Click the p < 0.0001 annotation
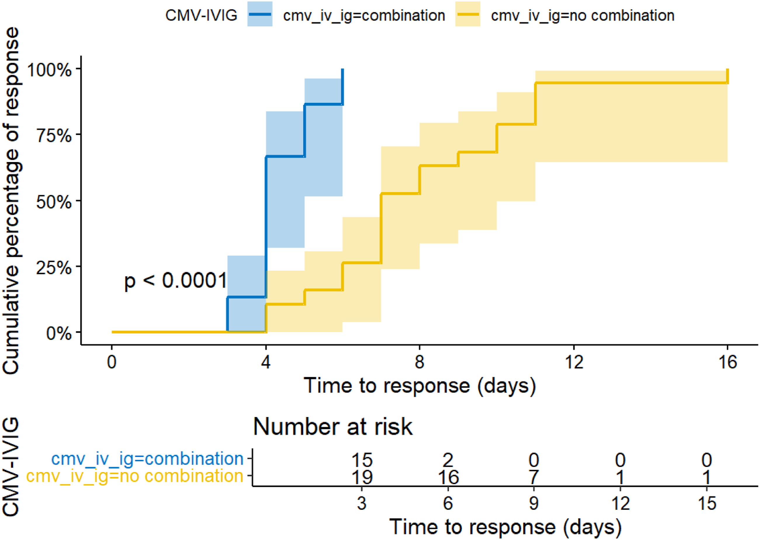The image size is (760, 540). point(175,281)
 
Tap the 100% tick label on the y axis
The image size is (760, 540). point(49,70)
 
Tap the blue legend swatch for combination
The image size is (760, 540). point(260,14)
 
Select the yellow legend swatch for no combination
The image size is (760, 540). point(468,14)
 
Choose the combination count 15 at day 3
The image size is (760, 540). point(362,461)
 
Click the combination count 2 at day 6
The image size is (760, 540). point(448,461)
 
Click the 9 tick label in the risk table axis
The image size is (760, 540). point(534,504)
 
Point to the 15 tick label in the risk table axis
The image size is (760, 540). point(707,504)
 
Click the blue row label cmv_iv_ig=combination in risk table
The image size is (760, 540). point(148,459)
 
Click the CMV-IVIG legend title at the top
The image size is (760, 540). point(201,15)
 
